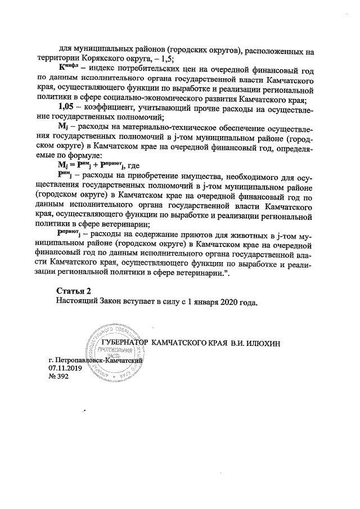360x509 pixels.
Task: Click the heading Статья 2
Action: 73,290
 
